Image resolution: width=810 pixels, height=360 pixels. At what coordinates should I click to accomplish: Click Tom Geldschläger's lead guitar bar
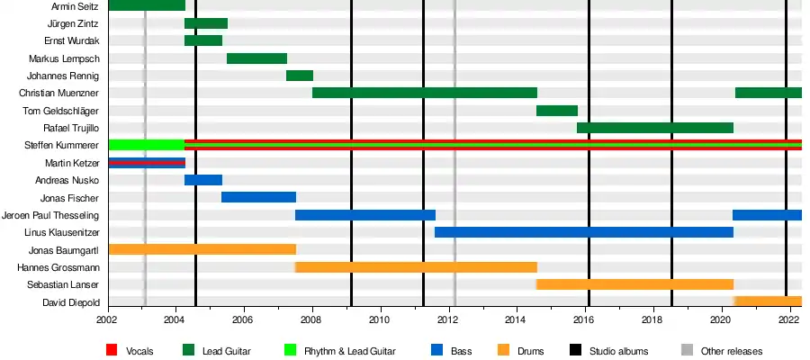coord(556,111)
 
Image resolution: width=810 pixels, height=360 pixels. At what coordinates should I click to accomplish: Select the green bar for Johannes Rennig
coord(299,76)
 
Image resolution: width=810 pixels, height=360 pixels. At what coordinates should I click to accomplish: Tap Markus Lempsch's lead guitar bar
coord(256,58)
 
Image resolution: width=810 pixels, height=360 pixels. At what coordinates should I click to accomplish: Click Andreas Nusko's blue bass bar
coord(202,180)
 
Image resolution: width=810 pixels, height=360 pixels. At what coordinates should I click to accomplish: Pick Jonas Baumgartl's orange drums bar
coord(202,249)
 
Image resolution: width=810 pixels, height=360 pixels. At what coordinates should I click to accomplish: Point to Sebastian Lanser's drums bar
coord(634,284)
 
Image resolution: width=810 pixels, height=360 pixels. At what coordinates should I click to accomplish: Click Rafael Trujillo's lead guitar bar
coord(654,128)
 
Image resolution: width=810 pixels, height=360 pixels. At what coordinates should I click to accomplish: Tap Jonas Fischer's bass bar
coord(258,197)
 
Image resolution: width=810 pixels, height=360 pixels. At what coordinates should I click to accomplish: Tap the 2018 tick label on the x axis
coord(652,319)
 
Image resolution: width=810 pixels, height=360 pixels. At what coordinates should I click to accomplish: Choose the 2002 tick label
coord(107,319)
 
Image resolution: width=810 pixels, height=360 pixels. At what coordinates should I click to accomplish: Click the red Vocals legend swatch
coord(112,350)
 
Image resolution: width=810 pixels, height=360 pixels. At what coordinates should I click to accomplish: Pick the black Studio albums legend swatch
coord(576,350)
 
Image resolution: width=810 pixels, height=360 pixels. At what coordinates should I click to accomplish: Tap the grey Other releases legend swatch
coord(687,350)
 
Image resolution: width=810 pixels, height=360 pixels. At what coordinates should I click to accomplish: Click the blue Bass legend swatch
coord(438,350)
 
